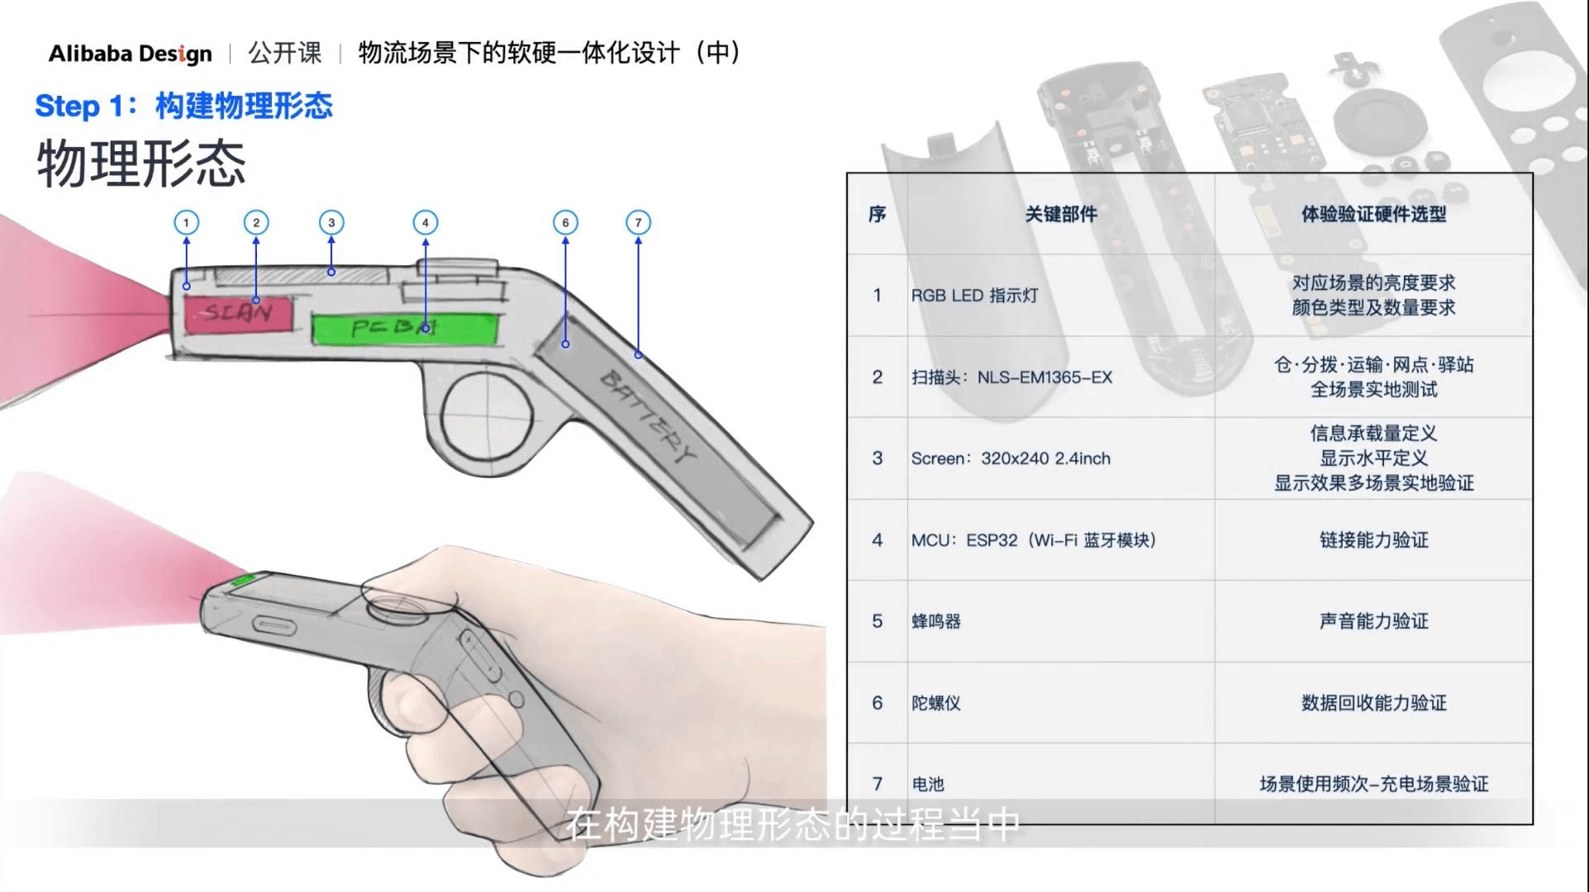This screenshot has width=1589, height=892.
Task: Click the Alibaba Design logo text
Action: click(130, 54)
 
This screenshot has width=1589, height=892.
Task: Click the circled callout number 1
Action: click(186, 222)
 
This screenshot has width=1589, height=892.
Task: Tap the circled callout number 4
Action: click(426, 222)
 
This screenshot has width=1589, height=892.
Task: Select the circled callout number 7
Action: click(638, 222)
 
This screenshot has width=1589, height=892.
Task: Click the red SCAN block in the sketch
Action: click(239, 314)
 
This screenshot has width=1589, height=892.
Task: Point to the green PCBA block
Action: click(406, 329)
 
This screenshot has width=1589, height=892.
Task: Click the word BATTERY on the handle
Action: click(649, 417)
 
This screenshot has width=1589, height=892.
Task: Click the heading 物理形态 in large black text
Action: click(141, 164)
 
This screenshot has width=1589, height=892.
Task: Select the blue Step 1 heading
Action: click(183, 106)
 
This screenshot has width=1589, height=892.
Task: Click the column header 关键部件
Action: click(1061, 215)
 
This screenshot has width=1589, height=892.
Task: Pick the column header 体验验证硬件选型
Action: click(1373, 215)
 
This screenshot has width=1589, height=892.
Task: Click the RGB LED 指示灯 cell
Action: click(974, 296)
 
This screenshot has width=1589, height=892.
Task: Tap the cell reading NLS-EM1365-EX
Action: click(1011, 377)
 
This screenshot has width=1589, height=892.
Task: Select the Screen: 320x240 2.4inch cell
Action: click(1011, 458)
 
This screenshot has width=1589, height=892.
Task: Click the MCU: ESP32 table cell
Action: click(1033, 540)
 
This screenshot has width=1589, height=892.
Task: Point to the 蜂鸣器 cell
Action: click(936, 621)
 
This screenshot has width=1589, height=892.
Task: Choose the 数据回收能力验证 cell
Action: click(1373, 703)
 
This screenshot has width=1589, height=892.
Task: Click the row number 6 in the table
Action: click(878, 703)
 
